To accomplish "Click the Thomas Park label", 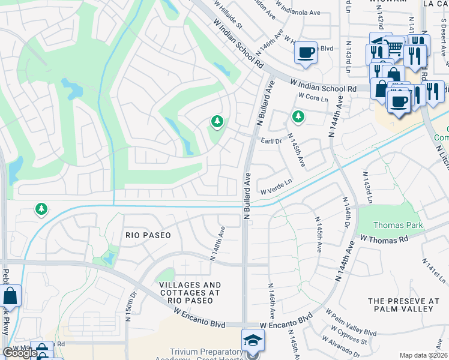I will pos(398,226).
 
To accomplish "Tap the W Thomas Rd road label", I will pos(384,238).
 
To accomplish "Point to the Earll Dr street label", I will pos(271,141).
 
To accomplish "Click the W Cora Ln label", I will pos(312,97).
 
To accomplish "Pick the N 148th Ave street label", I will pos(217,243).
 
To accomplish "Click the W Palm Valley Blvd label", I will pos(351,324).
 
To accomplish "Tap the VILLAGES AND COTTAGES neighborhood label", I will pos(188,289).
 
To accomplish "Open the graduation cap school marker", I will pos(253,340).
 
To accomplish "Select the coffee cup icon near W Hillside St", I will pos(306,52).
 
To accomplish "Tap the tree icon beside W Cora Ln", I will pos(297,116).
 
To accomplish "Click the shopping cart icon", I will pos(394,46).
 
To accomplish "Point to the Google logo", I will pos(20,353).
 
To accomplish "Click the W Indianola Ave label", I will pos(300,11).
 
